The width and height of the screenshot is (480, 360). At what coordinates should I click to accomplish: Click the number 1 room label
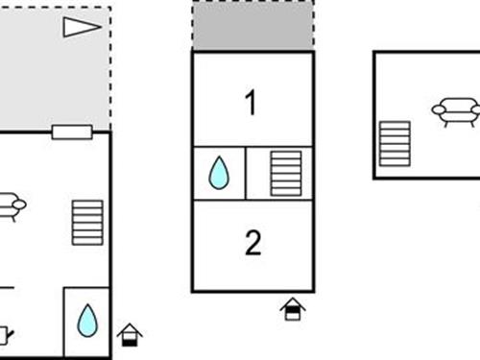(x=252, y=103)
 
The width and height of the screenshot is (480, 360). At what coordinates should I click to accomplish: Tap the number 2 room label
(x=252, y=243)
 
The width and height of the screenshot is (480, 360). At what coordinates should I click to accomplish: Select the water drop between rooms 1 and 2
(x=220, y=173)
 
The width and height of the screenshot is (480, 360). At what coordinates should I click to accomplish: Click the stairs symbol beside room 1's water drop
(x=285, y=173)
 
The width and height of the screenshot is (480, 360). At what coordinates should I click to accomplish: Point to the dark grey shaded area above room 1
(x=253, y=25)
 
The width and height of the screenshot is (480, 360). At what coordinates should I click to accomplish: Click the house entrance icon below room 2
(x=293, y=309)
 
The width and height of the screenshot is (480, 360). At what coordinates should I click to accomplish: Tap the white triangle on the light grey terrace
(x=81, y=27)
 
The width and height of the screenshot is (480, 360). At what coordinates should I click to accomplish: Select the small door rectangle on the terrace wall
(x=71, y=132)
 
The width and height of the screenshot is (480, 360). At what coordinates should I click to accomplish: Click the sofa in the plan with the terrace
(x=11, y=204)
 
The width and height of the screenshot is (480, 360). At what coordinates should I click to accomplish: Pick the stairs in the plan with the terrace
(x=86, y=222)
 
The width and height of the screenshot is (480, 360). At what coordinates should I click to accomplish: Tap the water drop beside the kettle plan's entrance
(x=87, y=320)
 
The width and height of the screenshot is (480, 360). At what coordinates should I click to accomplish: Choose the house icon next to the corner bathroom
(x=130, y=334)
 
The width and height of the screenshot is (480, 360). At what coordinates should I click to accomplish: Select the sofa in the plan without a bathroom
(x=455, y=110)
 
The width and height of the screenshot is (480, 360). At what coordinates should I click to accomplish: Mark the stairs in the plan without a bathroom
(x=394, y=143)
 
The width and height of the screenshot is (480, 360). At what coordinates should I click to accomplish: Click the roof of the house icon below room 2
(x=293, y=302)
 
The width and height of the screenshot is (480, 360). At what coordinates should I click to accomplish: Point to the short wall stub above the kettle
(x=6, y=287)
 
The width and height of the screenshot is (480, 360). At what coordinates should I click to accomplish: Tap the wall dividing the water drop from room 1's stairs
(x=246, y=173)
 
